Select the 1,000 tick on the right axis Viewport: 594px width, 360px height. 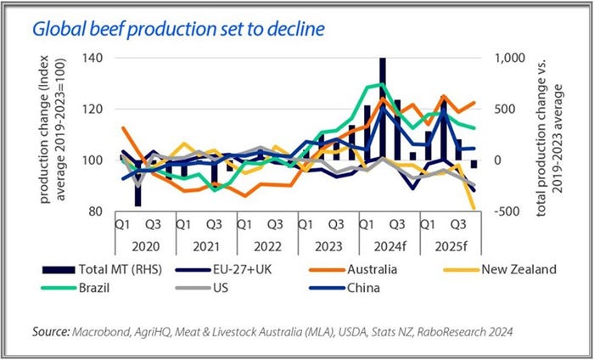[507, 58]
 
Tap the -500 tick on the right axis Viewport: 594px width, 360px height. [506, 211]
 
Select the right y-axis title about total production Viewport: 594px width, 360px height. [554, 134]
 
